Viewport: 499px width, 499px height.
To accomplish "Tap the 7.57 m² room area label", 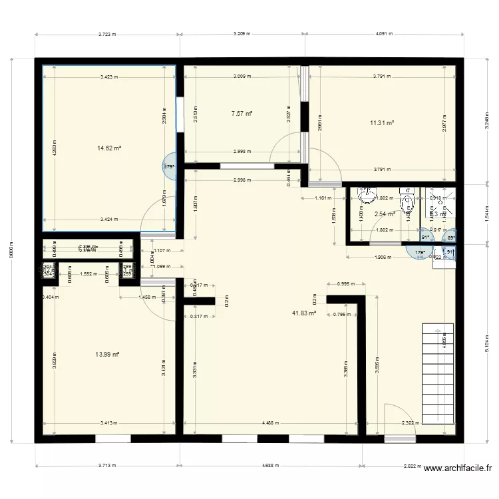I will tap(242, 114).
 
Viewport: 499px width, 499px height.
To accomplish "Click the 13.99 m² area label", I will tap(107, 355).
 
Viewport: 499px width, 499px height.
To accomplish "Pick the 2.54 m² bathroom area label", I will tap(385, 214).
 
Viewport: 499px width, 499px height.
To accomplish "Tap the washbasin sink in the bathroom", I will tap(366, 195).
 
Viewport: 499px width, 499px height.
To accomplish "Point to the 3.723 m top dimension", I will tap(107, 34).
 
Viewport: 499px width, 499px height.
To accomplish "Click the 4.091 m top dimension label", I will tap(384, 34).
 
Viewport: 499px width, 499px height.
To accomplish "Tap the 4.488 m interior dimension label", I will tap(271, 422).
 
